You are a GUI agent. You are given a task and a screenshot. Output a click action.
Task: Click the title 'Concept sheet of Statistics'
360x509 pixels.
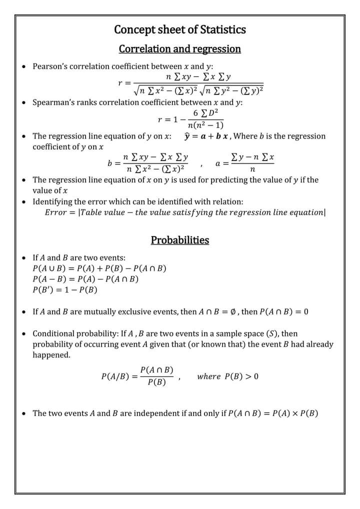pyautogui.click(x=180, y=29)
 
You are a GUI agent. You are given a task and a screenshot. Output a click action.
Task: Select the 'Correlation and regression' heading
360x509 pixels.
pyautogui.click(x=180, y=49)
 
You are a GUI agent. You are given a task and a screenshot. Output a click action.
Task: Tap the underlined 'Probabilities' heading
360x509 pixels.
pyautogui.click(x=180, y=240)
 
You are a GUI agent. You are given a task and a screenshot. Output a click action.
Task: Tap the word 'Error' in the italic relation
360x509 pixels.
pyautogui.click(x=55, y=212)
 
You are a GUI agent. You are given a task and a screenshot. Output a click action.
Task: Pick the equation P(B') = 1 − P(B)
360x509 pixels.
pyautogui.click(x=65, y=289)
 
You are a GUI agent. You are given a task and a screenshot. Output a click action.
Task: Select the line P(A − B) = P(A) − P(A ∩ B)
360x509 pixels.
pyautogui.click(x=85, y=279)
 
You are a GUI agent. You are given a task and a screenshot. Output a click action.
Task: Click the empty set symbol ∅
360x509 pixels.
pyautogui.click(x=234, y=312)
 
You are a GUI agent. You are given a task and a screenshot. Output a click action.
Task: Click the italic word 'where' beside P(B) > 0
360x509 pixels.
pyautogui.click(x=209, y=376)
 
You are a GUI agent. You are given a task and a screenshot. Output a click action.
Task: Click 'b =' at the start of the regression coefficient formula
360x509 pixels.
pyautogui.click(x=114, y=163)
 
